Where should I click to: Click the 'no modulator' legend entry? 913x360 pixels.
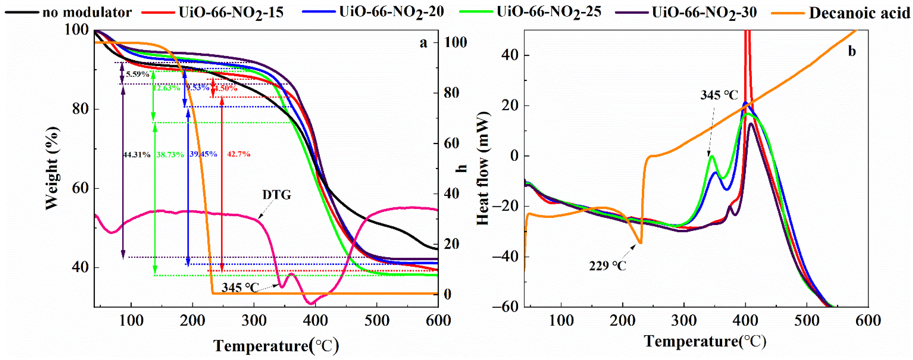(x=87, y=13)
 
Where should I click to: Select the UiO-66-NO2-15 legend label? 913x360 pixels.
(x=231, y=13)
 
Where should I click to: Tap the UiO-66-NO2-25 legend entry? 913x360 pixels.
(x=549, y=13)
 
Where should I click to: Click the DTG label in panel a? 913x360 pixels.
(x=277, y=195)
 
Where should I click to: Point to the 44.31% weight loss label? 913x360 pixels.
(x=137, y=154)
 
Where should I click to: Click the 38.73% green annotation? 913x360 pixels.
(x=170, y=154)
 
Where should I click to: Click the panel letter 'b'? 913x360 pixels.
(x=852, y=52)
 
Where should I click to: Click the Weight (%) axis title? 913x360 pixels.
(x=52, y=168)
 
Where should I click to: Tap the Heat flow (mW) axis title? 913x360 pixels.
(x=483, y=168)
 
